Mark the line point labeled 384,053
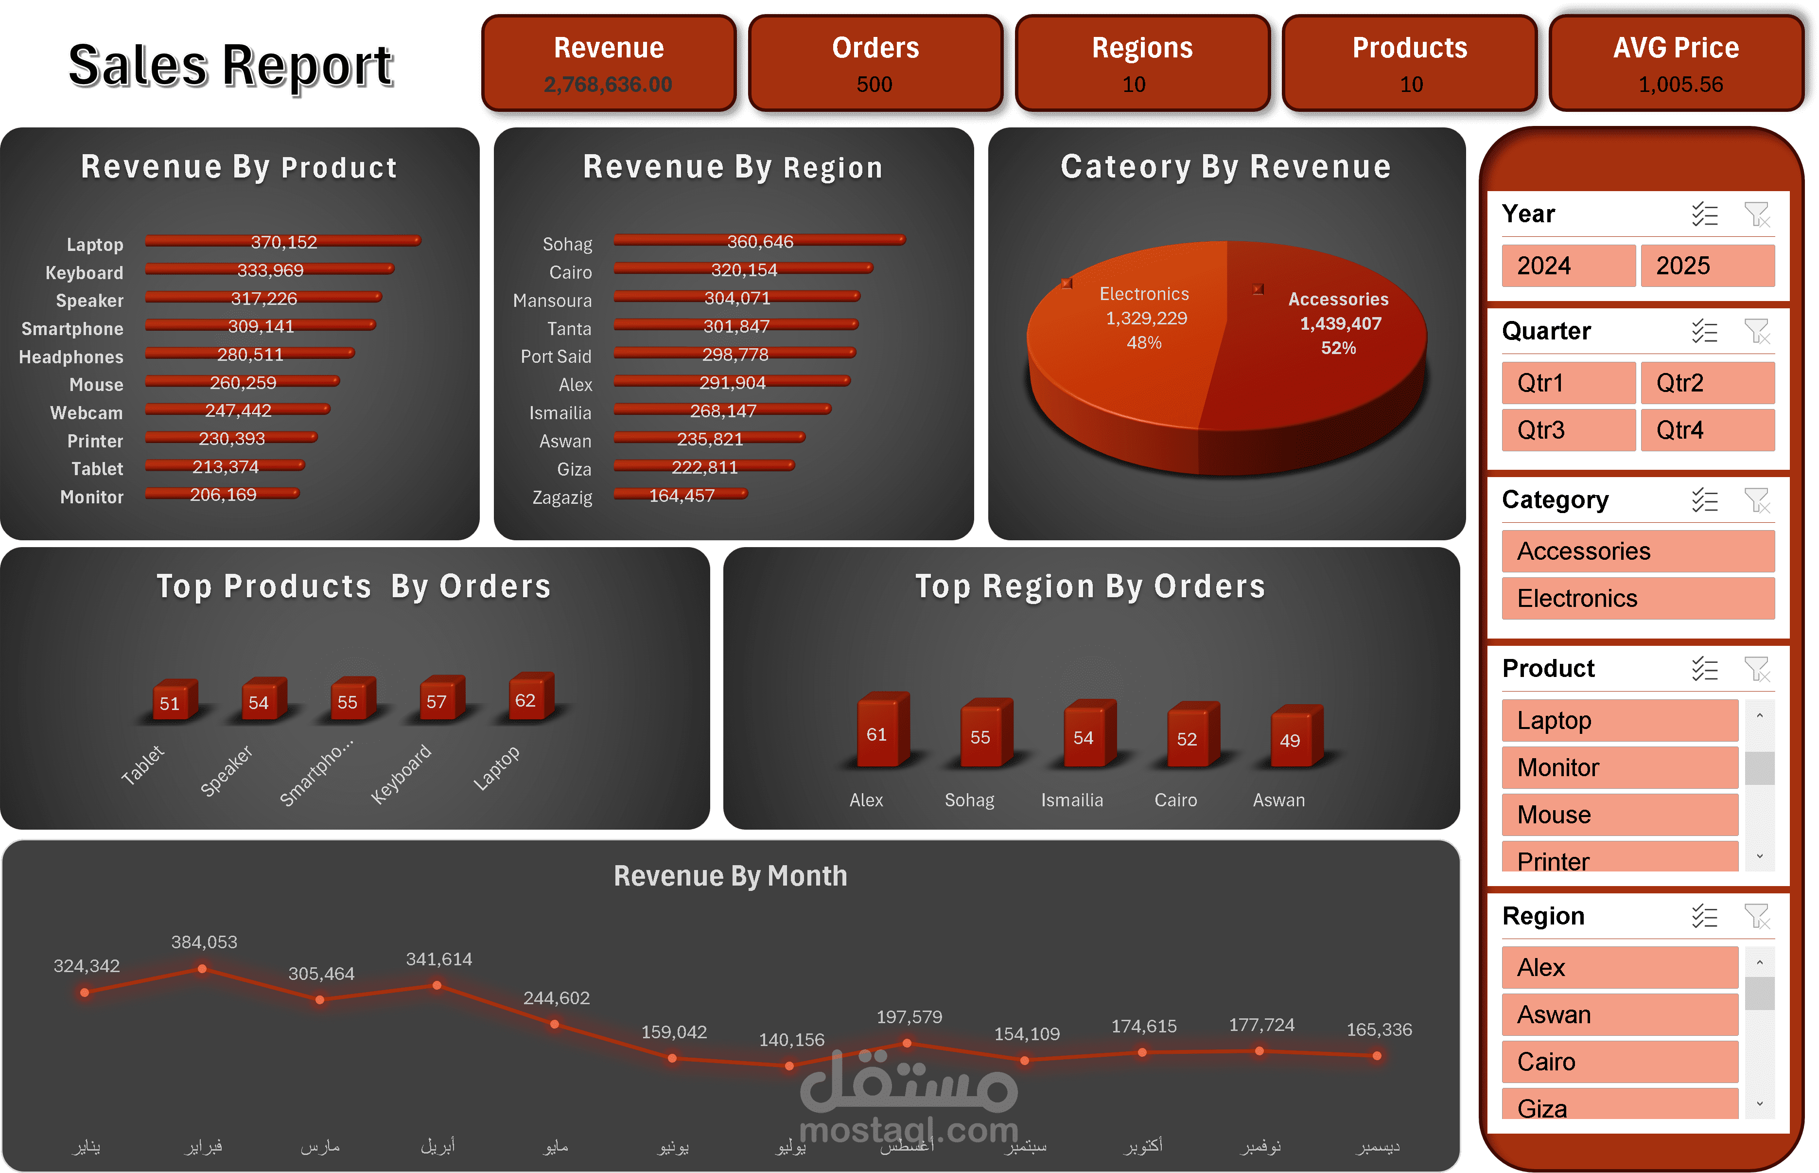(x=202, y=969)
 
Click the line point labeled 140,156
(x=789, y=1066)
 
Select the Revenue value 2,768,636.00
(x=608, y=85)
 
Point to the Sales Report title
(x=230, y=66)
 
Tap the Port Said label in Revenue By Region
(x=556, y=356)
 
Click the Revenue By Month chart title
(x=730, y=876)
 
